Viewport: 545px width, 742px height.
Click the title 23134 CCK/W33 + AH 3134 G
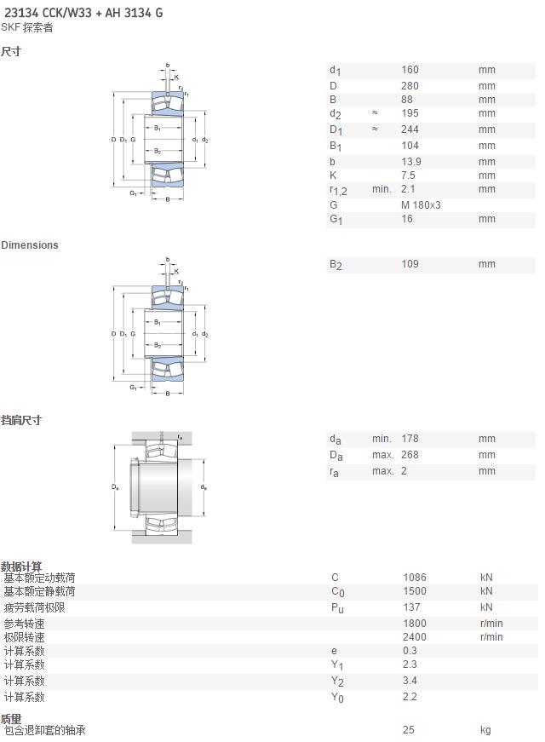click(83, 13)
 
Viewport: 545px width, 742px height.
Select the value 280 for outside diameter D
click(410, 86)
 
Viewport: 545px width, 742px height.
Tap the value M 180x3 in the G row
click(421, 205)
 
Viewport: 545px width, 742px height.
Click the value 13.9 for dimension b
click(410, 161)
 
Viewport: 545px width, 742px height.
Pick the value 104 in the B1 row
click(410, 146)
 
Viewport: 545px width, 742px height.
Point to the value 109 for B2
click(410, 263)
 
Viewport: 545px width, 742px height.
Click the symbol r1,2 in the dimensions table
click(338, 190)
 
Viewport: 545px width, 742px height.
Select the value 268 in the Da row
click(410, 455)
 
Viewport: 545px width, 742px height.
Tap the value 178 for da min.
click(410, 439)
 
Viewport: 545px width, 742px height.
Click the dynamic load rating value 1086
click(415, 578)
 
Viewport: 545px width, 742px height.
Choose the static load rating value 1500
click(415, 591)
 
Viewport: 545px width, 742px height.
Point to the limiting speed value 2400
click(415, 637)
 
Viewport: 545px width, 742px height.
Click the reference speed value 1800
click(415, 624)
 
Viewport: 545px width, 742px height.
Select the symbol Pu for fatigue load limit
click(337, 608)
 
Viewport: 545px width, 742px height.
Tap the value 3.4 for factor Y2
click(410, 681)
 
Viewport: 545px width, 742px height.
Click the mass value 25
click(408, 730)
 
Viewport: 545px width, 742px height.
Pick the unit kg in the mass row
click(485, 730)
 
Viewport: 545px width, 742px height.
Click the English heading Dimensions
click(29, 245)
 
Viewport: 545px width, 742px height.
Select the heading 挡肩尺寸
click(20, 420)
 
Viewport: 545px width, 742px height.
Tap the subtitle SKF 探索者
click(27, 27)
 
